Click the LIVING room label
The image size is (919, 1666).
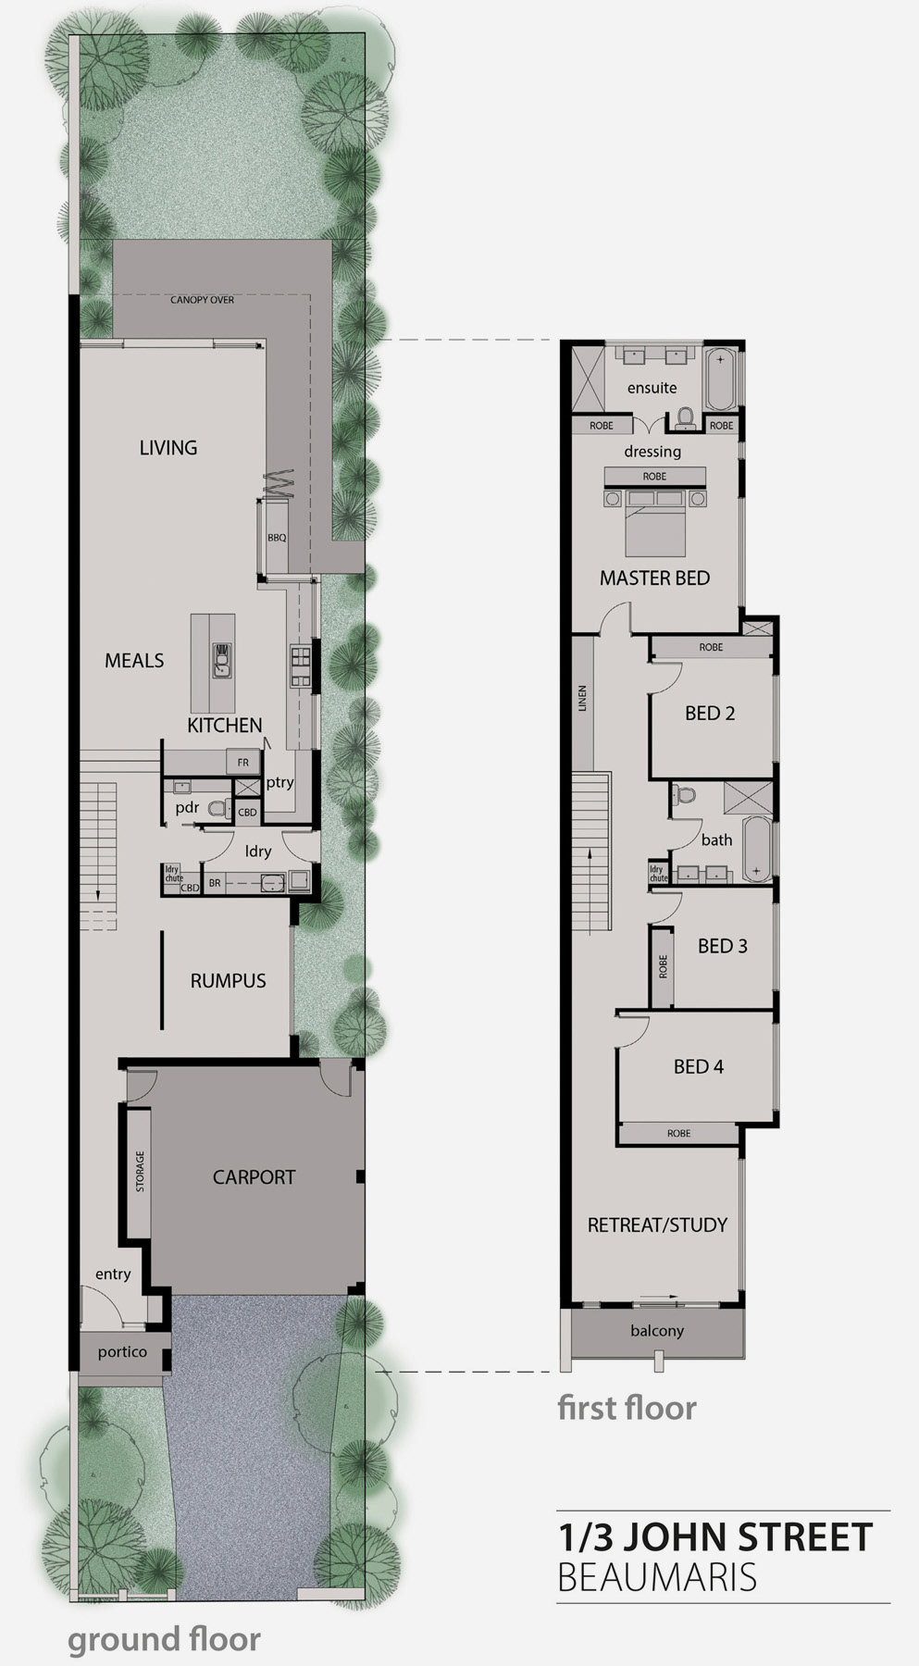pos(168,448)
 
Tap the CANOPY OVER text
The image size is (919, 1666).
pos(202,300)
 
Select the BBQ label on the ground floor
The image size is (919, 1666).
pos(277,537)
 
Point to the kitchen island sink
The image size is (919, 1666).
pos(222,659)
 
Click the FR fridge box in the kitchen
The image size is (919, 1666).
pos(243,763)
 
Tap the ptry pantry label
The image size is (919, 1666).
pos(279,782)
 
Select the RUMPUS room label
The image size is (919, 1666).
pos(228,981)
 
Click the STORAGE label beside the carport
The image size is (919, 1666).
pos(141,1171)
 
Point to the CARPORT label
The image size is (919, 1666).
pos(254,1177)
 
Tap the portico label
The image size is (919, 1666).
pos(122,1352)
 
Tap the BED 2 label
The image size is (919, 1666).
pos(710,714)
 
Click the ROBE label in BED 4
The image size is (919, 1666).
pos(678,1133)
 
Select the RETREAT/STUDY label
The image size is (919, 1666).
pos(657,1225)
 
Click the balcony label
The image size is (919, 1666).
pos(657,1331)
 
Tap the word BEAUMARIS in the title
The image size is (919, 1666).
pos(657,1576)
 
